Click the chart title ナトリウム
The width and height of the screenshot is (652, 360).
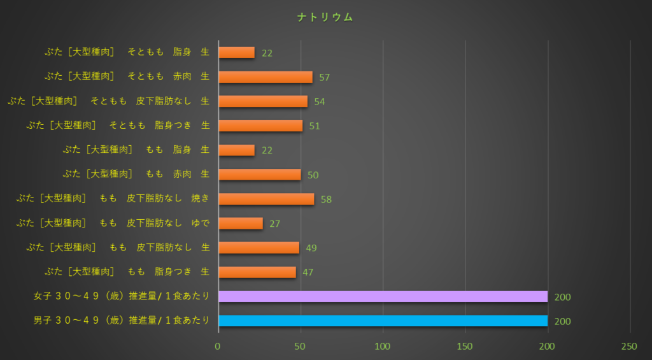click(325, 17)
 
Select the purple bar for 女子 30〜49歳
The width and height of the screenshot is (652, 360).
click(383, 296)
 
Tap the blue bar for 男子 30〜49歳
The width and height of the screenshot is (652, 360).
click(383, 320)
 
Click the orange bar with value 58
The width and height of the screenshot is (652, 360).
click(266, 199)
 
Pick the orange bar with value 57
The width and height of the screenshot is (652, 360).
click(266, 77)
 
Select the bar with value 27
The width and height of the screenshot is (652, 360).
click(241, 223)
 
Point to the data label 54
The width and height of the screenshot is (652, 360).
click(320, 102)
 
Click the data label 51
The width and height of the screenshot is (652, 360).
click(315, 126)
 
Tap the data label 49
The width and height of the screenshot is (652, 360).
click(311, 248)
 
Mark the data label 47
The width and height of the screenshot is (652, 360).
click(308, 272)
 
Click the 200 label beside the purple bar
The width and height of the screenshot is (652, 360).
click(563, 297)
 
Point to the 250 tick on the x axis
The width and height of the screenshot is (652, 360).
click(629, 346)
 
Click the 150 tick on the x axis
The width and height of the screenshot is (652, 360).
click(465, 346)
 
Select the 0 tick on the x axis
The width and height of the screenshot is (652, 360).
click(218, 346)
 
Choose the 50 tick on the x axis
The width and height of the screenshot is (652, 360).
click(301, 346)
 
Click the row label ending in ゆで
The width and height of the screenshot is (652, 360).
click(113, 223)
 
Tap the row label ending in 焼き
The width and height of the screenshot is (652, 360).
click(113, 199)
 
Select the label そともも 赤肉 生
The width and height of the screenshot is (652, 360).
click(127, 77)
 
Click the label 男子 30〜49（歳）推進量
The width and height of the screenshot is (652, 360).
click(122, 321)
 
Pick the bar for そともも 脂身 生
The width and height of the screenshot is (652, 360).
click(236, 53)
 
